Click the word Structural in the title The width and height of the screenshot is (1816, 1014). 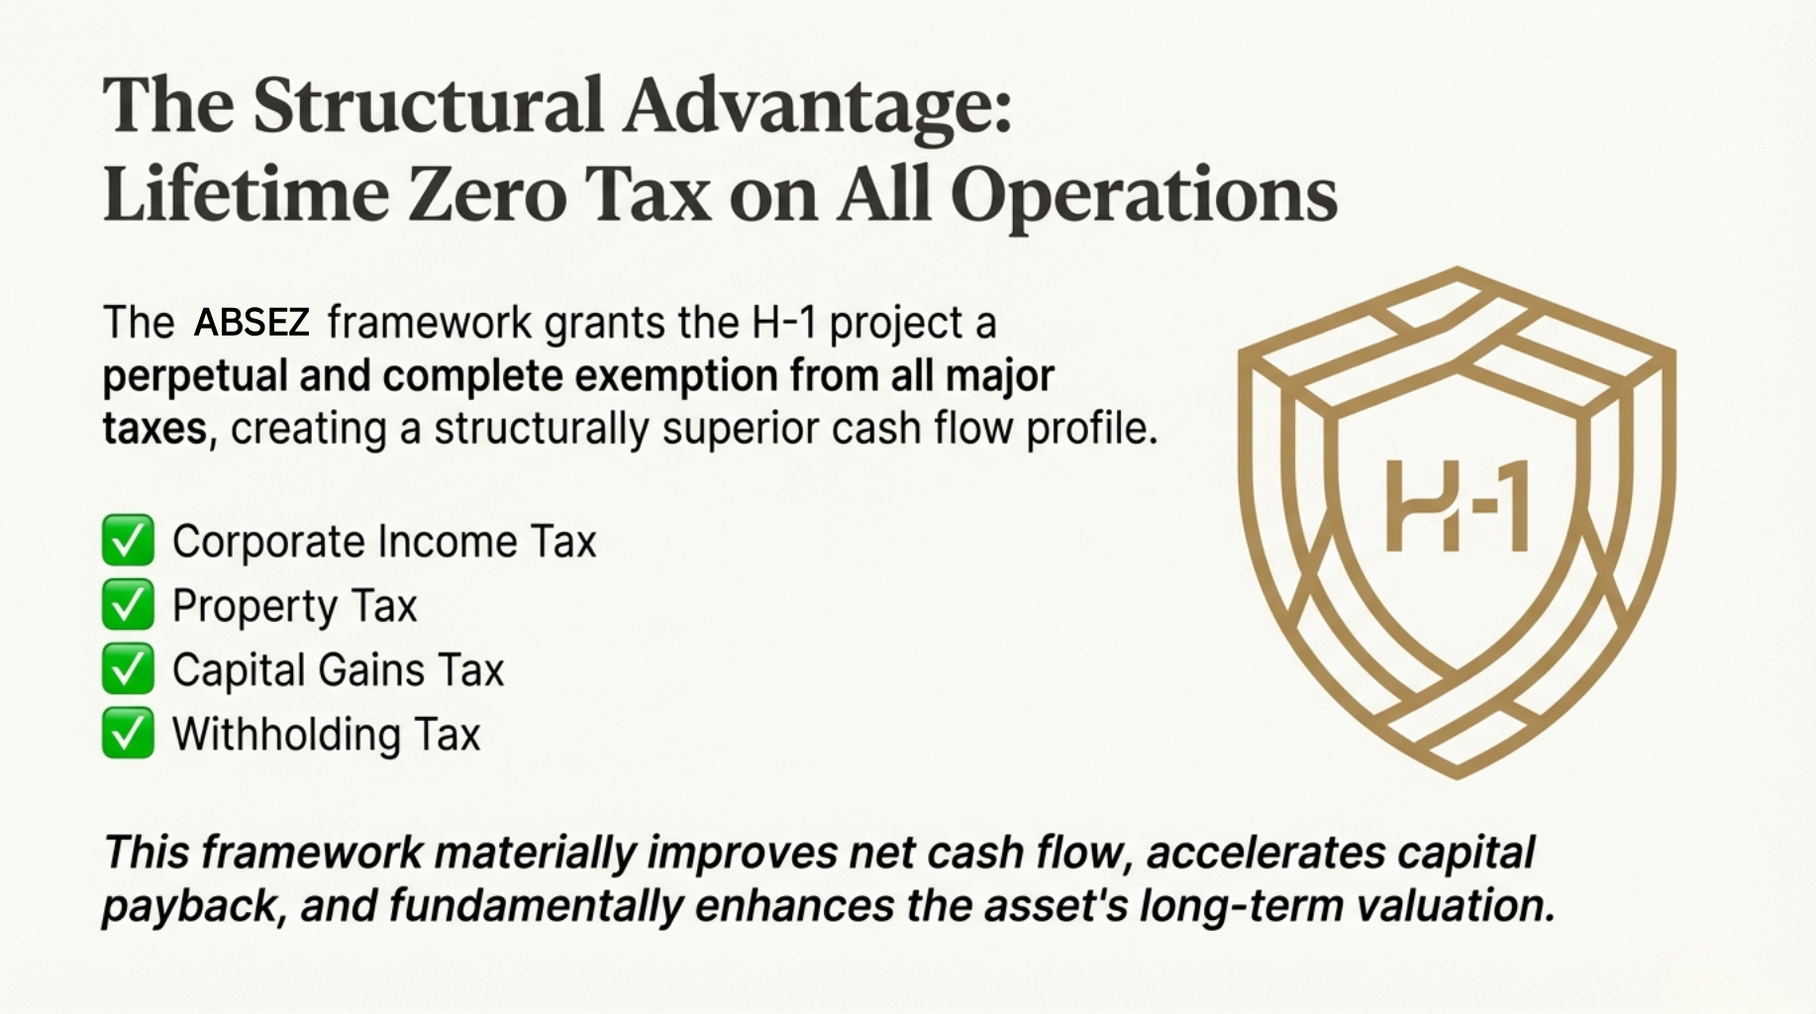(427, 104)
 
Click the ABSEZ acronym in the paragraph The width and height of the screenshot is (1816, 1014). (252, 323)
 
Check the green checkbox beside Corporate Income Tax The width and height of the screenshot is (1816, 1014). (128, 541)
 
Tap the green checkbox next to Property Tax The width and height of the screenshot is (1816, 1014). (128, 605)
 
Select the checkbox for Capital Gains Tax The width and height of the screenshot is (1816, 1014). (128, 669)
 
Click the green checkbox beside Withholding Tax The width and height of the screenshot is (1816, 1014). (128, 734)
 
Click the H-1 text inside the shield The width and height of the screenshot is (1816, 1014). (1457, 506)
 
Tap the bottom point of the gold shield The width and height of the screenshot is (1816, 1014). (1457, 775)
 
